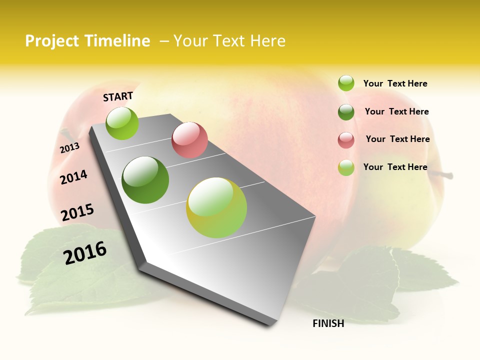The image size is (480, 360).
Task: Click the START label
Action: (x=118, y=96)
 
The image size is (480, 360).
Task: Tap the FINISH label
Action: (x=328, y=323)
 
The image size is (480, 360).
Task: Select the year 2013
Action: (x=69, y=148)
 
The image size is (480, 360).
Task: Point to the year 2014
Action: (x=73, y=177)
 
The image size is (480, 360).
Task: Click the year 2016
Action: (x=85, y=253)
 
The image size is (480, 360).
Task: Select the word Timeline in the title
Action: (x=118, y=41)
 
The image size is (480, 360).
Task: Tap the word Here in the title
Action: (x=267, y=41)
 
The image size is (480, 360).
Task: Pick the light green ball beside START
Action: (x=122, y=123)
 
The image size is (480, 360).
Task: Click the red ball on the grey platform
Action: (x=189, y=140)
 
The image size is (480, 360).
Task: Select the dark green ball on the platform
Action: (x=145, y=180)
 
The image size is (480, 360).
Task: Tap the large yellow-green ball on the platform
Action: (x=216, y=207)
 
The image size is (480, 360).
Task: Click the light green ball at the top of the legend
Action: (x=346, y=83)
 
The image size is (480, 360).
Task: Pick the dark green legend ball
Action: (x=346, y=111)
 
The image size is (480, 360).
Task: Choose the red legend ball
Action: (x=346, y=139)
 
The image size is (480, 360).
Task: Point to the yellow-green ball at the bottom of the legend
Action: (x=346, y=167)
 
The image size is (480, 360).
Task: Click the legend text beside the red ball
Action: (x=397, y=139)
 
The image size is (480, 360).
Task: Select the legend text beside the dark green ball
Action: (x=396, y=111)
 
